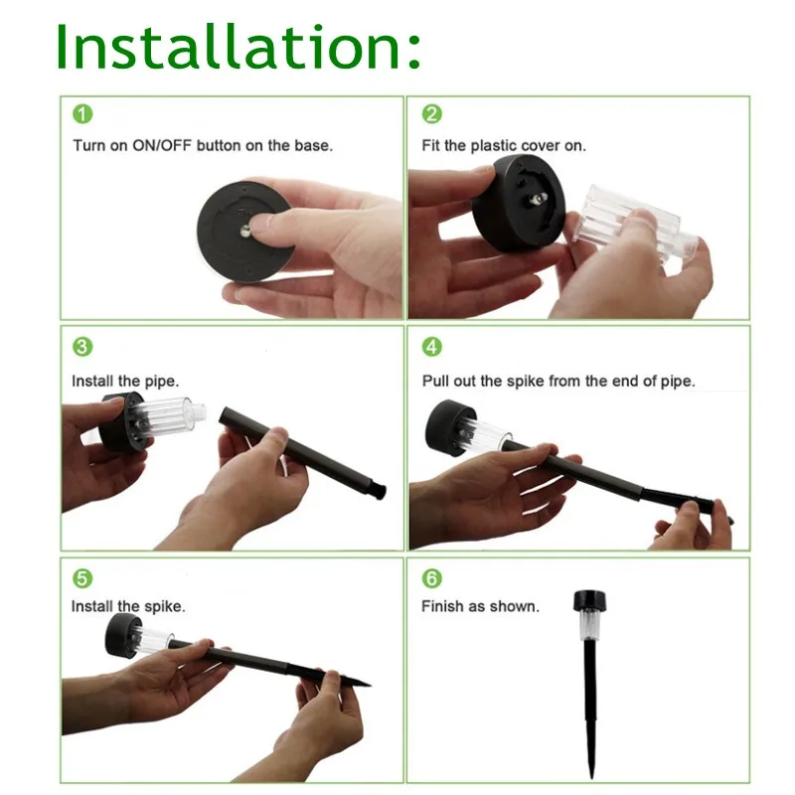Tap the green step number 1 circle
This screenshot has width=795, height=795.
82,114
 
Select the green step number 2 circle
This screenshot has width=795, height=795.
432,114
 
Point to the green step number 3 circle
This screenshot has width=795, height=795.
82,347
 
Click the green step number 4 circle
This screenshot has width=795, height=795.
432,347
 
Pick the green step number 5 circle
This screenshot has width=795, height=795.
82,578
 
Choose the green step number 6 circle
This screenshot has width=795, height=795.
432,578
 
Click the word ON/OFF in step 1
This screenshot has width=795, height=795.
162,146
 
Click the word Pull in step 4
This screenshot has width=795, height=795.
435,381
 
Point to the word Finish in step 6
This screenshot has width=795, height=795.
442,606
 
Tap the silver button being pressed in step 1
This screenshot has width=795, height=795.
245,232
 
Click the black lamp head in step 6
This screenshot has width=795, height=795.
590,601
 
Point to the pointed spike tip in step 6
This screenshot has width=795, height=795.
591,777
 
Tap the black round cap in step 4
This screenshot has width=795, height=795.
449,427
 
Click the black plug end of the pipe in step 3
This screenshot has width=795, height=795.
380,490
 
